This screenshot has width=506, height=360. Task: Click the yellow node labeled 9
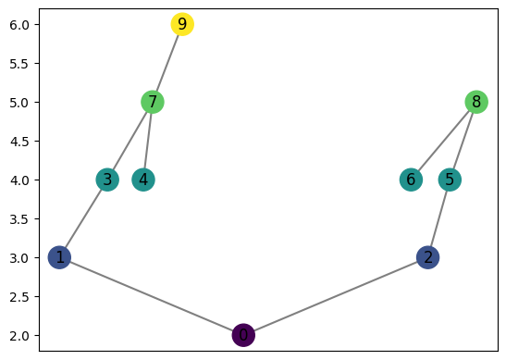point(182,24)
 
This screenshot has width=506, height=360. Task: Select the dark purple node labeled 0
point(243,335)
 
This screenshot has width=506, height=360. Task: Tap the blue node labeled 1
point(60,257)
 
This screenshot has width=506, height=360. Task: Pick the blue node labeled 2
point(427,257)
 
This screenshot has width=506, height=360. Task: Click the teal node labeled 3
point(108,180)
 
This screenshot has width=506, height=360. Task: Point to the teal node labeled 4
point(143,180)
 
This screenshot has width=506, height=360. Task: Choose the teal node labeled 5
point(450,180)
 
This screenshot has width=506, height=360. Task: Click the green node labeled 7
point(153,102)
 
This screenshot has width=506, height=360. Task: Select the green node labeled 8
point(475,102)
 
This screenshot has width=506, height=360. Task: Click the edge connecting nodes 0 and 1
point(152,296)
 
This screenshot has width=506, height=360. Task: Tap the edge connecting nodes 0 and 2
point(335,296)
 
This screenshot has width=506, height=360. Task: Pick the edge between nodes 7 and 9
point(167,63)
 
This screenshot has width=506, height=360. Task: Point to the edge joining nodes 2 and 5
point(438,218)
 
